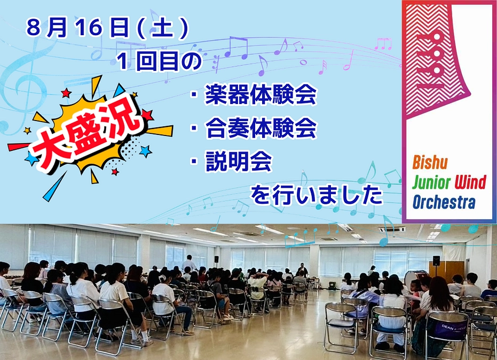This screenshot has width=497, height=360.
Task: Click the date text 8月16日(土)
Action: (x=107, y=29)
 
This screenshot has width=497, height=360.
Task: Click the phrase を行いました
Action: (x=317, y=195)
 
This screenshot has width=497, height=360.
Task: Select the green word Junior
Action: (x=432, y=183)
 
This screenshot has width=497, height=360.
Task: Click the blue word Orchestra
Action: (x=444, y=203)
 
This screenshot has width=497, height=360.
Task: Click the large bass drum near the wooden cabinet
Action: (x=417, y=279)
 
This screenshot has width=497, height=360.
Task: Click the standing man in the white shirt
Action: (x=189, y=263)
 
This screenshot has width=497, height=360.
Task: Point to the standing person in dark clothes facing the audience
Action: (x=303, y=269)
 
